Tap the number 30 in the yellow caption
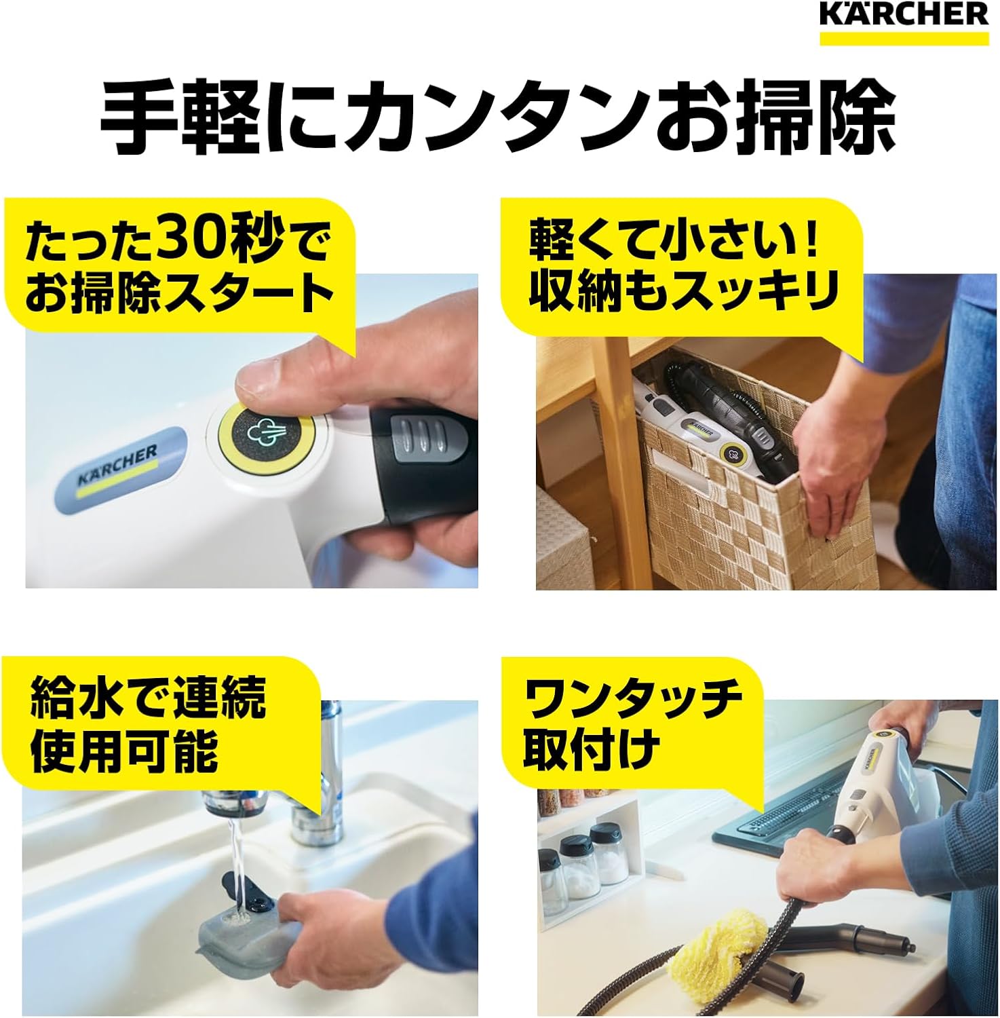186,240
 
